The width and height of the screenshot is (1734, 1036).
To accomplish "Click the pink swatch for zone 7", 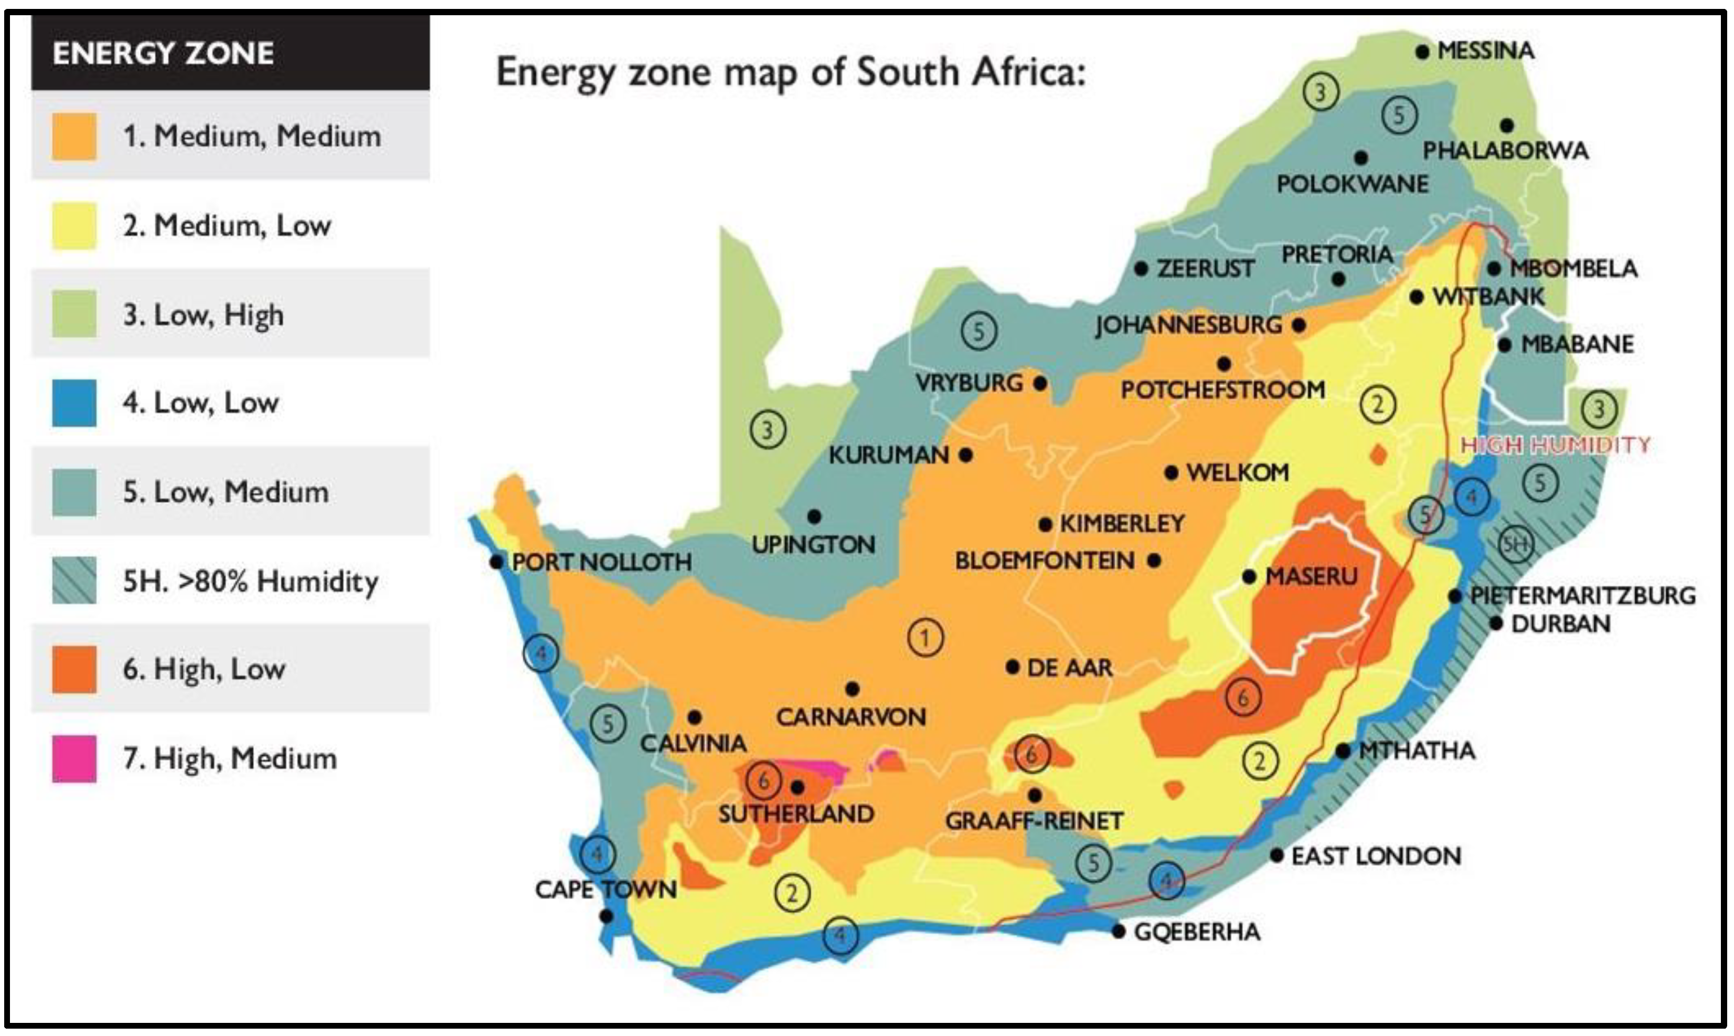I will [x=74, y=758].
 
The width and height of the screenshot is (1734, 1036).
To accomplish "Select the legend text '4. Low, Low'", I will [x=200, y=403].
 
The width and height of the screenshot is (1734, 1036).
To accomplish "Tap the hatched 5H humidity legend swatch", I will [x=74, y=580].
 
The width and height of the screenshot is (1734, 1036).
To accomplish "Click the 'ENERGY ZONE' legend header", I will [x=163, y=54].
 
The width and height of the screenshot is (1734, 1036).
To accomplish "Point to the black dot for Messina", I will [x=1422, y=51].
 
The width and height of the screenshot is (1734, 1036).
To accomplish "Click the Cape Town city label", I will [x=605, y=890].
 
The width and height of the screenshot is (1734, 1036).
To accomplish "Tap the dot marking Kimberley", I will [x=1045, y=525].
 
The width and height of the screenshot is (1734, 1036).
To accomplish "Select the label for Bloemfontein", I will [x=1044, y=561].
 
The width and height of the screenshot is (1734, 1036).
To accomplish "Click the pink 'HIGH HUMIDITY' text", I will [x=1556, y=445].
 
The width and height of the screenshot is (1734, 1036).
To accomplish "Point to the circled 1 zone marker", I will [x=925, y=637].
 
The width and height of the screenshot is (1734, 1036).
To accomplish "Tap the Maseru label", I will [x=1311, y=577].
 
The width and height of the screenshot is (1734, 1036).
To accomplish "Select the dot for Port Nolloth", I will [x=496, y=561].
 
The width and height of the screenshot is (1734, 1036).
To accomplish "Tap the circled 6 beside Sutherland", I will [x=763, y=781].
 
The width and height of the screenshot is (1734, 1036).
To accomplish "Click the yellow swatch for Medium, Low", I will [x=74, y=226].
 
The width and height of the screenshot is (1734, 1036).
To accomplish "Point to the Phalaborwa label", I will [x=1505, y=151].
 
